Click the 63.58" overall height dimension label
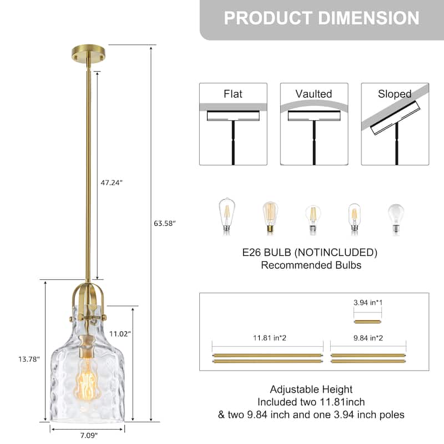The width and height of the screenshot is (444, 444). [x=164, y=223]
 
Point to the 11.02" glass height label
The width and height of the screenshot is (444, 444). [x=120, y=334]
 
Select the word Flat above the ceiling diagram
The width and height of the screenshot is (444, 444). [x=233, y=94]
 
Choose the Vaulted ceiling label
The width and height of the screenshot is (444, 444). [x=314, y=94]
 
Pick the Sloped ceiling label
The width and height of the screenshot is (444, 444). [x=395, y=94]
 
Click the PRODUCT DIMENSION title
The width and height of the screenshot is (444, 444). [x=321, y=18]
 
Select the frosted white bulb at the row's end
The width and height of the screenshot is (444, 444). [x=396, y=219]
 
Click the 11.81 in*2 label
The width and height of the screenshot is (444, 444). [x=268, y=336]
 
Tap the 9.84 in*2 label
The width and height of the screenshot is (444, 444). [x=368, y=336]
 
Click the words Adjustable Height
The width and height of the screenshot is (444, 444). [x=311, y=390]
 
